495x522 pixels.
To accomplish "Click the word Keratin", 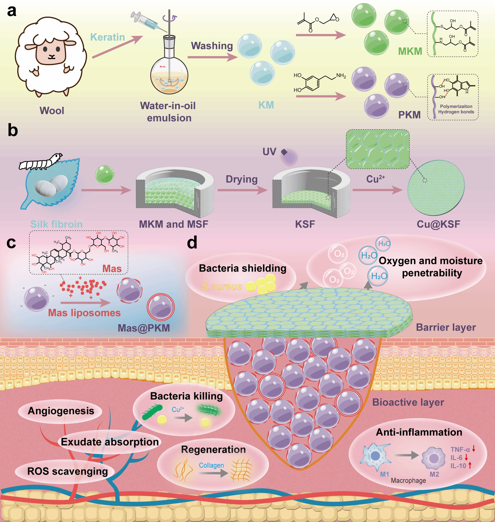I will coord(107,37).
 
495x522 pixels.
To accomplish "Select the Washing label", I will coord(212,46).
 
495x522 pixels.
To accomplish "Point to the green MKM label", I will coord(410,51).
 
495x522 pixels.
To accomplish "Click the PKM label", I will coord(409,115).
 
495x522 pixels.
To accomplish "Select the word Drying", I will coord(241,179).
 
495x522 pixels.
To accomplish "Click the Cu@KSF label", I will coord(438,224).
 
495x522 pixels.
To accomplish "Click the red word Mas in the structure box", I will coord(112,269).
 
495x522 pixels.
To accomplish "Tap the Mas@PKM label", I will coord(144,328).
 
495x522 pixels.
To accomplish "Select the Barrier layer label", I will coord(446,327).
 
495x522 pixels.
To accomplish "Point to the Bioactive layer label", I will coord(408,402).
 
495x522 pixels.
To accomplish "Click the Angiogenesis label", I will coord(61,411).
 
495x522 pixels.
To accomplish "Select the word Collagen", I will coord(211,465).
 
